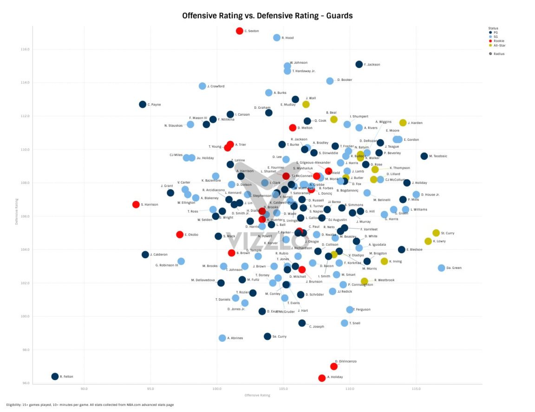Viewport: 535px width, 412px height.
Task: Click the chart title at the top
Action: pos(267,16)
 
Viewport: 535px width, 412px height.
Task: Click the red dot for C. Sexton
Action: pos(240,31)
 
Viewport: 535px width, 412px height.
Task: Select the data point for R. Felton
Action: pos(55,376)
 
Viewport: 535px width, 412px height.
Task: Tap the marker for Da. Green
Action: pos(441,268)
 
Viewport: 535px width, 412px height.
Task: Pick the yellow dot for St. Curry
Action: pos(436,233)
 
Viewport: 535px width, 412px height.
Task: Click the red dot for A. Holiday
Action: pos(322,378)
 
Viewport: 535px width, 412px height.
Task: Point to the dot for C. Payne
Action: pos(143,105)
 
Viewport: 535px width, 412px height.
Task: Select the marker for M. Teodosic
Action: pos(424,156)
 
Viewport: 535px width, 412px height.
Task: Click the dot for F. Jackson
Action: pos(359,65)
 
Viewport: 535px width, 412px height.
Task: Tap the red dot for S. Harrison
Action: pos(136,204)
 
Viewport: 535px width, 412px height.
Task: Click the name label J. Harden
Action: pos(415,123)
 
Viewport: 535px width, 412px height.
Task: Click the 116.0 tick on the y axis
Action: pos(26,49)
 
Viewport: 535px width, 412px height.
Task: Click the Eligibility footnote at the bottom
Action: pos(90,405)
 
